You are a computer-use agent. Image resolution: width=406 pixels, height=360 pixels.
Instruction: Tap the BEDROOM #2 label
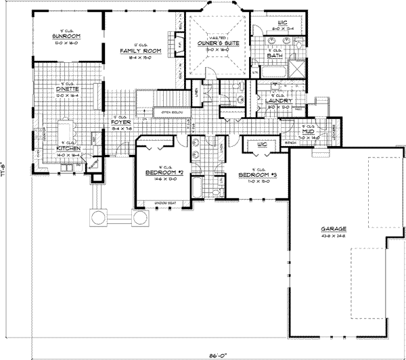click(x=161, y=172)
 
